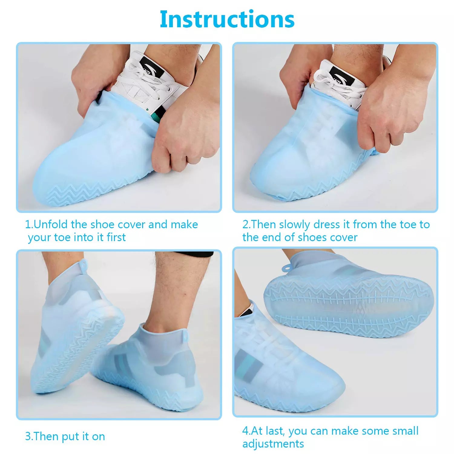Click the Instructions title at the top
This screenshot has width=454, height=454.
(227, 19)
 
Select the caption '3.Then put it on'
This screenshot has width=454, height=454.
(65, 436)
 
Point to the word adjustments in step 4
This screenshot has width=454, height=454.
(273, 444)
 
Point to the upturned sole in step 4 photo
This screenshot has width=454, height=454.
(348, 306)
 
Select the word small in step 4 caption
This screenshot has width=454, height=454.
(405, 431)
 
